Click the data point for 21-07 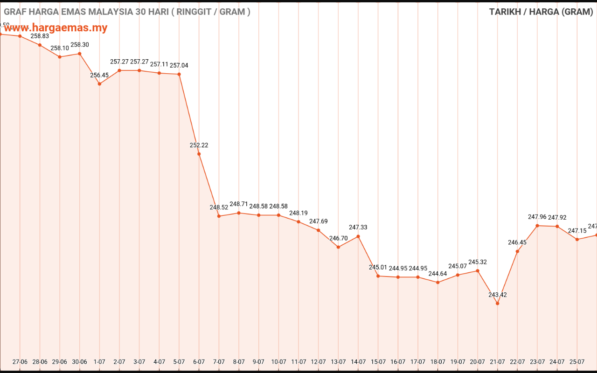pos(498,304)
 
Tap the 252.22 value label pos(199,145)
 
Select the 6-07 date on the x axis pos(199,362)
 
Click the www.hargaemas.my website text pos(56,28)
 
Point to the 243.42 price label pos(498,295)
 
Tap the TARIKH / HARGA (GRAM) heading pos(541,12)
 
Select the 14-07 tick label pos(358,362)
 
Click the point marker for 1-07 pos(99,84)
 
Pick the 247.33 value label pos(358,228)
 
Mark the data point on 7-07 pos(219,216)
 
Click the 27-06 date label pos(20,362)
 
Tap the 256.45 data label pos(99,75)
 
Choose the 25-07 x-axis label pos(577,362)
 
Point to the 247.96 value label pos(537,217)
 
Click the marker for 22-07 pos(517,251)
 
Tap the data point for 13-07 pos(338,247)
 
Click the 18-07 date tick pos(438,362)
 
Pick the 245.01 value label pos(378,267)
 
